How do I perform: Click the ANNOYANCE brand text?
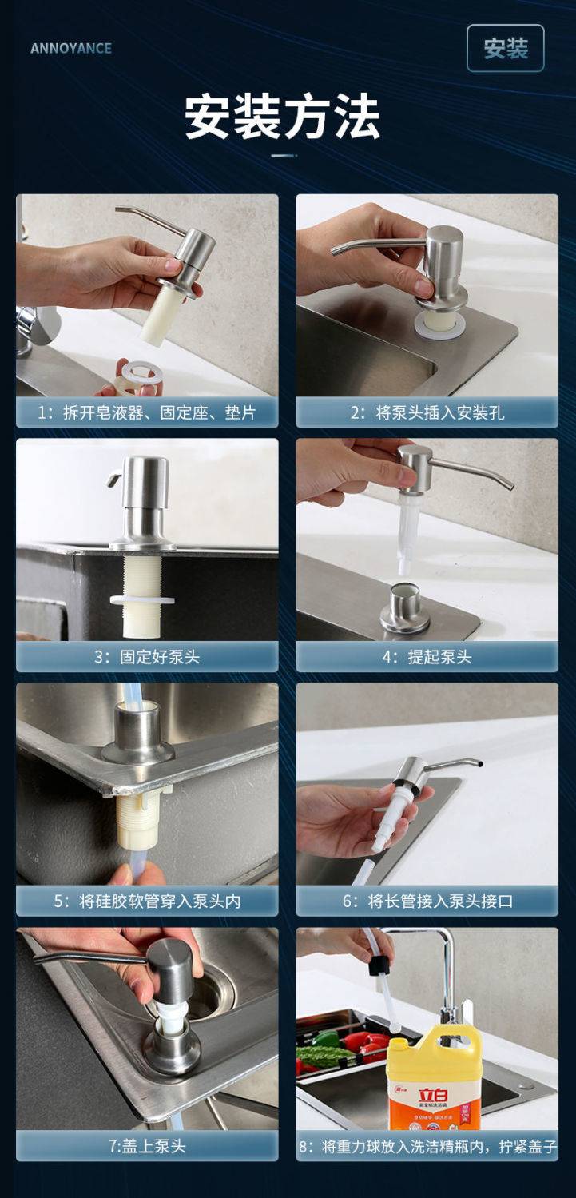tap(71, 48)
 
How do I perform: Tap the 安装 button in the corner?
tap(506, 48)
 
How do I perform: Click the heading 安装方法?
tap(282, 117)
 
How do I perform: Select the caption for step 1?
tap(147, 412)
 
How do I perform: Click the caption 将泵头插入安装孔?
tap(427, 412)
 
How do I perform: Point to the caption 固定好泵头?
tap(147, 656)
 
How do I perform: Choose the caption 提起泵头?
tap(427, 656)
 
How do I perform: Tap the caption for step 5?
tap(147, 901)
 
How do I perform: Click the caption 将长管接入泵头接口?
tap(427, 901)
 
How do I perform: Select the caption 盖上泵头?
tap(147, 1145)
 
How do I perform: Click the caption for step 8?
tap(427, 1146)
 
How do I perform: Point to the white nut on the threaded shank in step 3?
tap(142, 599)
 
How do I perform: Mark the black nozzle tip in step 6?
tap(479, 763)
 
